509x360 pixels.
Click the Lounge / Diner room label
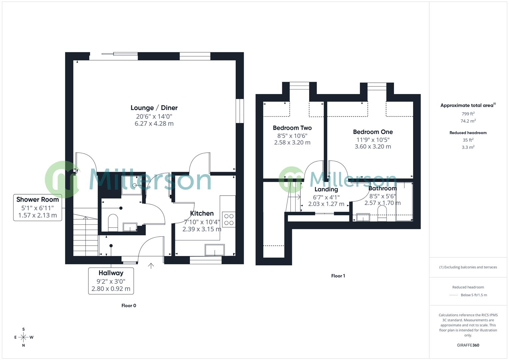point(154,108)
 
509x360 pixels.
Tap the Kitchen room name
point(202,213)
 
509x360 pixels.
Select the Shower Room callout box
point(38,207)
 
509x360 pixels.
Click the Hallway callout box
point(111,281)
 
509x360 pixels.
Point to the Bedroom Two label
point(292,128)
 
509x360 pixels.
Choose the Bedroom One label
point(373,132)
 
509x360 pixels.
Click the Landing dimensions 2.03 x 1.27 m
point(326,204)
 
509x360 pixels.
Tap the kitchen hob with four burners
point(229,219)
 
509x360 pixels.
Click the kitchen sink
point(215,250)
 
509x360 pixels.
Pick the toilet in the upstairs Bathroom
point(382,213)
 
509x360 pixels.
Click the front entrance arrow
point(151,265)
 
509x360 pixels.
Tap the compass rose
point(23,337)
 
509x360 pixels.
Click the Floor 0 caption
point(129,306)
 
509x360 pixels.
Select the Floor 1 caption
point(338,276)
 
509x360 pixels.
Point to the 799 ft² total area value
point(468,114)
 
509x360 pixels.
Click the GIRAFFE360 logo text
point(468,345)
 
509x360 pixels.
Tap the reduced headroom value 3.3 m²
point(468,147)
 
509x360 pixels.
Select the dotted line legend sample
point(453,295)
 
